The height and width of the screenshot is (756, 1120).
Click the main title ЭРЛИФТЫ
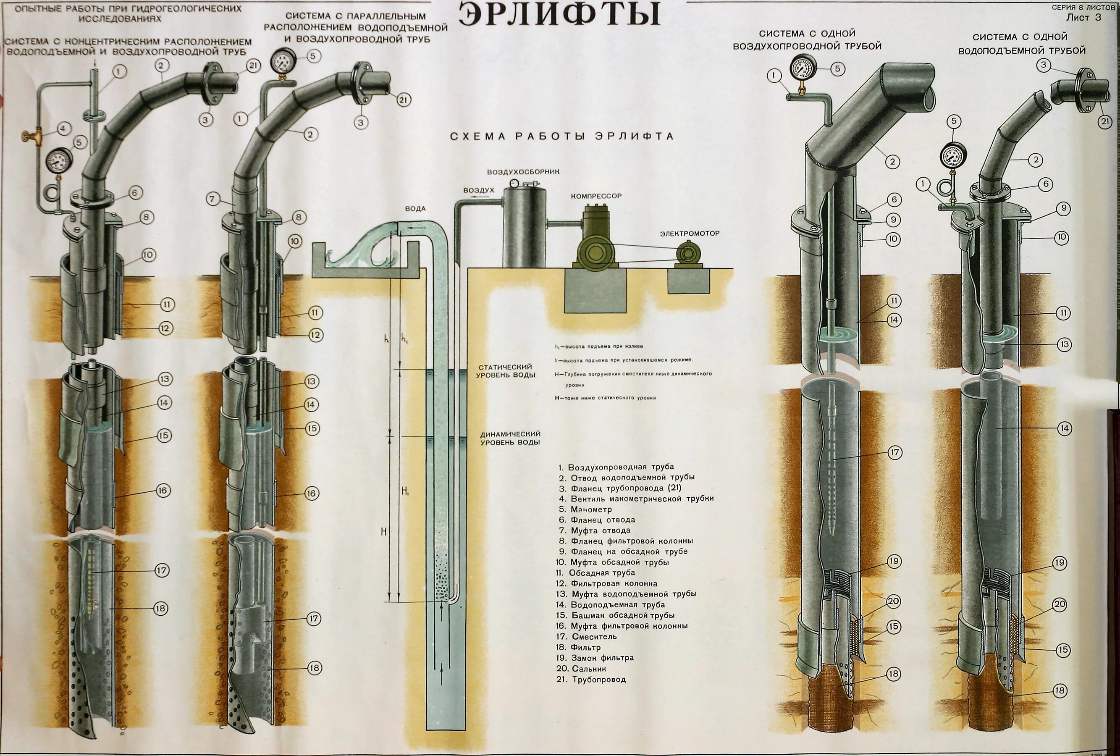pos(559,14)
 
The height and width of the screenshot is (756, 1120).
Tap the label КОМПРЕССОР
pos(596,196)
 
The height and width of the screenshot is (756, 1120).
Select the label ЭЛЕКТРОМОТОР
pos(689,233)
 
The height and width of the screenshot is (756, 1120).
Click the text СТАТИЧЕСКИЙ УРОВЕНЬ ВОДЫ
pos(506,371)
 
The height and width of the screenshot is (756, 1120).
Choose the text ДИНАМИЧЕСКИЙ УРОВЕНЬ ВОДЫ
pos(510,438)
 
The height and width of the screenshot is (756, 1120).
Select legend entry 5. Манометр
pos(585,509)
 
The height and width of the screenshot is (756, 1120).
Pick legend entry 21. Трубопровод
pos(591,680)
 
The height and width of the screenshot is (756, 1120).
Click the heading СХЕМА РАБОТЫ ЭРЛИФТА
pos(561,136)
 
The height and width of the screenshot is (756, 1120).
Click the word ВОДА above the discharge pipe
pos(415,209)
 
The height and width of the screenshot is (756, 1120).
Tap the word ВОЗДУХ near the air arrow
pos(479,190)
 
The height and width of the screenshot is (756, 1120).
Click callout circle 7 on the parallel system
pos(213,199)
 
